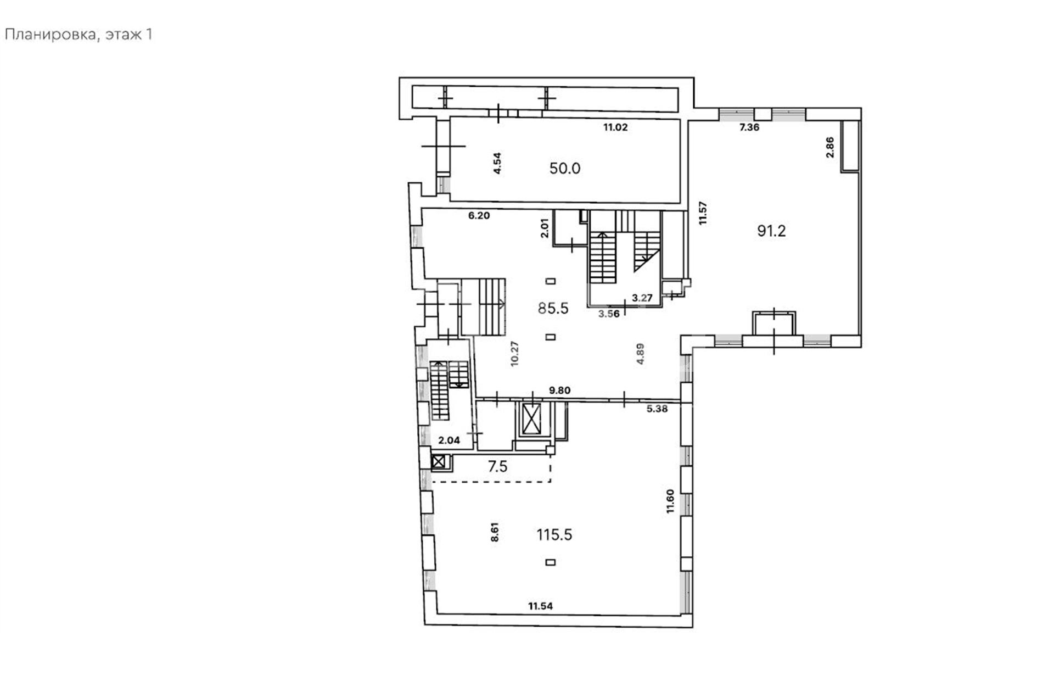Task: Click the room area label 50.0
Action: point(565,168)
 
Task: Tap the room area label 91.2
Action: point(771,231)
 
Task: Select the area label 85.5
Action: point(553,309)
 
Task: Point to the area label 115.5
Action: point(554,534)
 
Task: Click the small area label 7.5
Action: point(498,467)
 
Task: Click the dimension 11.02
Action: point(615,127)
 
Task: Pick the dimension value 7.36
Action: point(749,127)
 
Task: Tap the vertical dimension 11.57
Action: point(703,213)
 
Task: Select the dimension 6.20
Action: point(479,216)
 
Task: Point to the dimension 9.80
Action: point(560,391)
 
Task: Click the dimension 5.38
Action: point(657,409)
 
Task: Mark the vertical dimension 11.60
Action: point(670,501)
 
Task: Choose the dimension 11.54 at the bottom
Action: point(541,606)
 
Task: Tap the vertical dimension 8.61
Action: point(495,532)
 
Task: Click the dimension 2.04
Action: point(449,440)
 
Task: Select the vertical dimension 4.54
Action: point(497,163)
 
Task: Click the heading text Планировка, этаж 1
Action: point(78,35)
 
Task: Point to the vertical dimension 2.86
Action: point(829,147)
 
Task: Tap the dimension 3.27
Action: point(642,298)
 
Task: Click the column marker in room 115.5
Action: point(551,562)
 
